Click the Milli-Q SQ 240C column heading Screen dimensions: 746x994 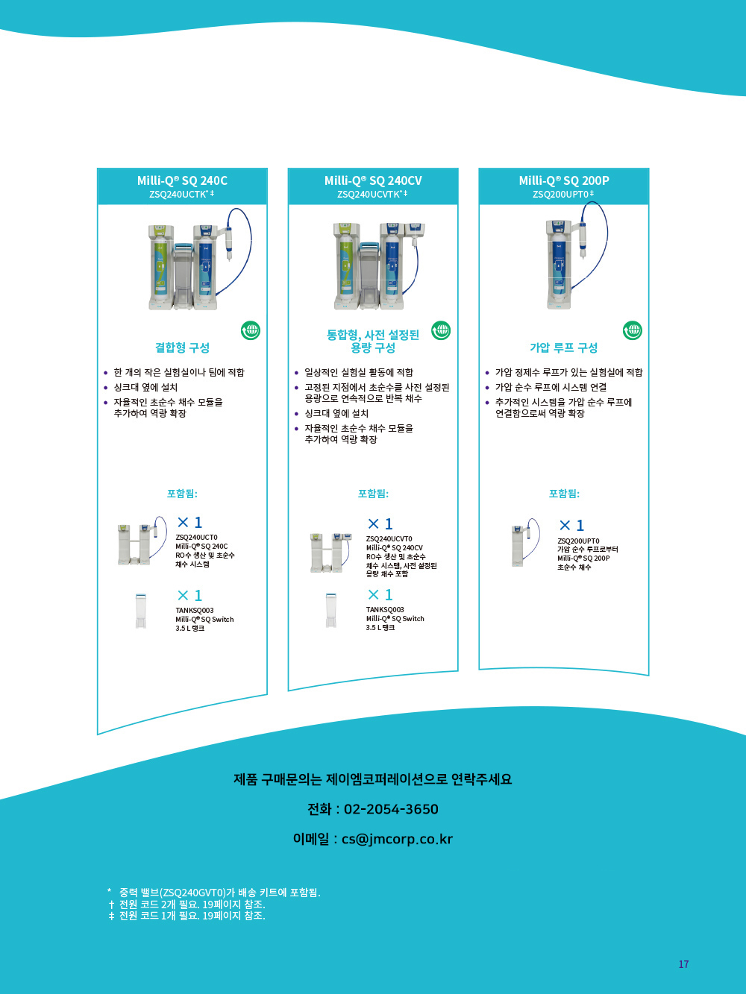pyautogui.click(x=182, y=180)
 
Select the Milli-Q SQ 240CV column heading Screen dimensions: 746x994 pyautogui.click(x=373, y=180)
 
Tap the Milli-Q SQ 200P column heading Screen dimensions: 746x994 pyautogui.click(x=564, y=180)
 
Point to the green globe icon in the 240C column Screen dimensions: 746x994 pyautogui.click(x=251, y=330)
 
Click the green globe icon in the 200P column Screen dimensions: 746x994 pyautogui.click(x=633, y=330)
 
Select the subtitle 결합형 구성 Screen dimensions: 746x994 pyautogui.click(x=182, y=347)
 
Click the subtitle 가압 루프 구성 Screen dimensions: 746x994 pyautogui.click(x=564, y=347)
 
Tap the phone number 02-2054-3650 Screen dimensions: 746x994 pyautogui.click(x=391, y=809)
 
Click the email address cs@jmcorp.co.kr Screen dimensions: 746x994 pyautogui.click(x=397, y=839)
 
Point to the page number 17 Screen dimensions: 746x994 pyautogui.click(x=683, y=964)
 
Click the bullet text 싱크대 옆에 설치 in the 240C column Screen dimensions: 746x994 pyautogui.click(x=145, y=387)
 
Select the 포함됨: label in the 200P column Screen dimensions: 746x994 pyautogui.click(x=564, y=494)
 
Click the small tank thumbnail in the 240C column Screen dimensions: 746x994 pyautogui.click(x=141, y=611)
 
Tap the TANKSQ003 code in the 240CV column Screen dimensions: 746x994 pyautogui.click(x=385, y=609)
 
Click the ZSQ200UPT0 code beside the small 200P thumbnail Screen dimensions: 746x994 pyautogui.click(x=578, y=541)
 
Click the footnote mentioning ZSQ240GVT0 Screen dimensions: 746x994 pyautogui.click(x=214, y=892)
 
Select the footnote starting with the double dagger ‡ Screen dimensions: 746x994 pyautogui.click(x=186, y=915)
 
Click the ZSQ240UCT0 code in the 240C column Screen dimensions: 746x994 pyautogui.click(x=197, y=537)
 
